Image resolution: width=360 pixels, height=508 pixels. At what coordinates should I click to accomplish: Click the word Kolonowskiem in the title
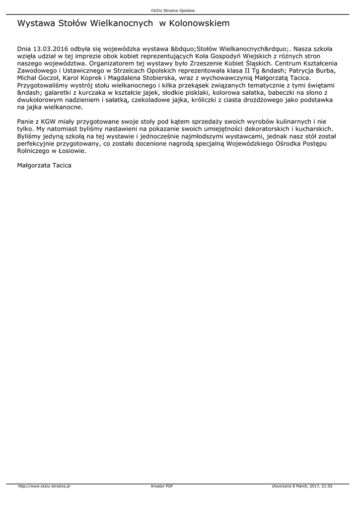199,23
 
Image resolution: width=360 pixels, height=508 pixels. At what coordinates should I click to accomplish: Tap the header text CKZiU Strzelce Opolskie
173,10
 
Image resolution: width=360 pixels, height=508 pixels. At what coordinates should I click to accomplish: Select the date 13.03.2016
51,50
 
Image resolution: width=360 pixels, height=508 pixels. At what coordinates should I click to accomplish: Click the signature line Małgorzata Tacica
44,165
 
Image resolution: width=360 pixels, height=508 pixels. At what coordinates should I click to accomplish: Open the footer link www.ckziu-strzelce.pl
45,486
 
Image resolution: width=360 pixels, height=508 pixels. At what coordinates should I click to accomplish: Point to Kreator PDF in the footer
162,486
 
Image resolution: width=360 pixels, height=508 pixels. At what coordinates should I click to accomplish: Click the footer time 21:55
327,486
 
